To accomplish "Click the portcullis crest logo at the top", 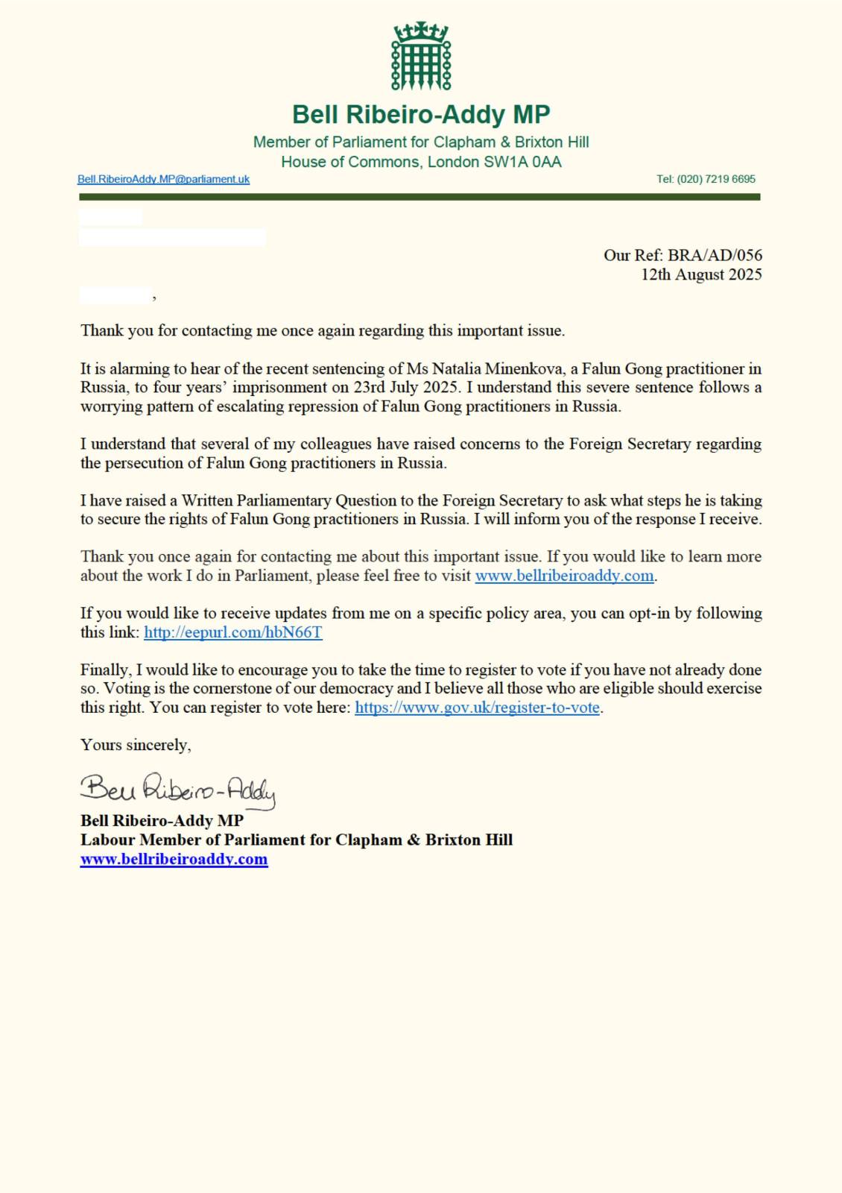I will tap(421, 57).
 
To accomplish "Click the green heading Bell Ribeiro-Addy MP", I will tap(421, 115).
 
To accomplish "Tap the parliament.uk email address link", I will tap(163, 180).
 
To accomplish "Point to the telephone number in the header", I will tap(706, 180).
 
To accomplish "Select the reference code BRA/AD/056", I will tap(715, 255).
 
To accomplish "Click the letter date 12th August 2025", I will tap(701, 274).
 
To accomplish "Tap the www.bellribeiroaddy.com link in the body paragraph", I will tap(564, 576).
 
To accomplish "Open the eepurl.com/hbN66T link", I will tap(232, 632).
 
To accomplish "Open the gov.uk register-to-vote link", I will tap(477, 708).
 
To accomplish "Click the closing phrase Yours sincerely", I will tap(136, 745).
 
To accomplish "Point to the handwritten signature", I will tap(177, 790).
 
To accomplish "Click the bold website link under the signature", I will tap(174, 859).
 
